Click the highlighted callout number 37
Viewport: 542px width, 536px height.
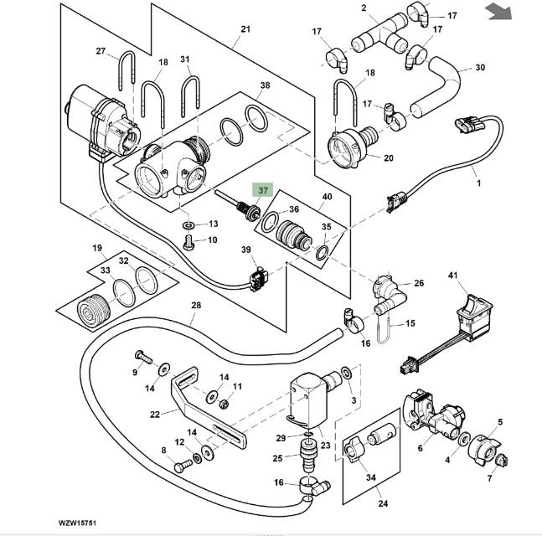(263, 190)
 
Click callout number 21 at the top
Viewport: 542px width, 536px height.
(245, 30)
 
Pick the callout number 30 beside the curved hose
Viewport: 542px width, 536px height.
(480, 67)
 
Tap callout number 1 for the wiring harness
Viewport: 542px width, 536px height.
(478, 181)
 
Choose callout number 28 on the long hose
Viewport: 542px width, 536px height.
(195, 306)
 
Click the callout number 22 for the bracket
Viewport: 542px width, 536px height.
(154, 413)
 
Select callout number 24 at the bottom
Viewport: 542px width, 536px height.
(383, 504)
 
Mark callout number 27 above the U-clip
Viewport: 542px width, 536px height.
(101, 51)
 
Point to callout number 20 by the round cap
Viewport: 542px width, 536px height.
(388, 157)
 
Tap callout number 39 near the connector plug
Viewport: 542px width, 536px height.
(246, 250)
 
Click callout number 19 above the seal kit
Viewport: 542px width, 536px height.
(97, 248)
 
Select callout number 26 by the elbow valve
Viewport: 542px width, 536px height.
(419, 283)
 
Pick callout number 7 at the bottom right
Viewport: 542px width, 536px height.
(491, 478)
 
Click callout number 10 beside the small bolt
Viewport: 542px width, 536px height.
(213, 240)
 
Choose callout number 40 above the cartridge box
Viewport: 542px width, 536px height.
(328, 197)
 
